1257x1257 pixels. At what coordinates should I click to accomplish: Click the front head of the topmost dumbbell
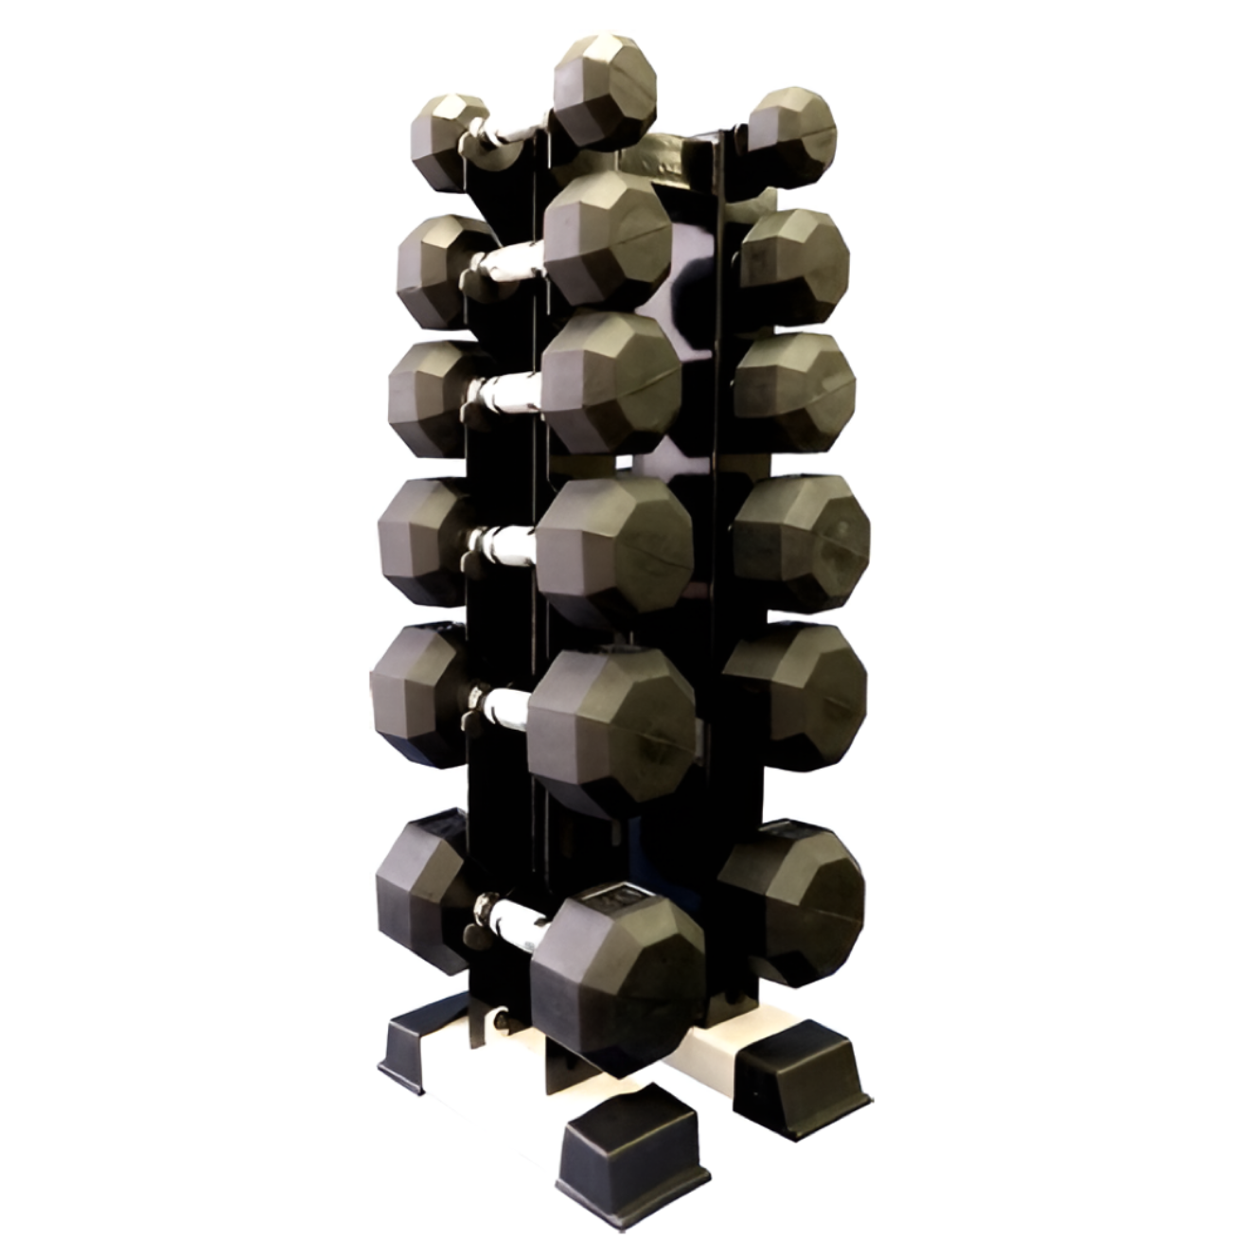coord(604,92)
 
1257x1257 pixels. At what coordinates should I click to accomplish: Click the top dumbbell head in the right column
coord(793,134)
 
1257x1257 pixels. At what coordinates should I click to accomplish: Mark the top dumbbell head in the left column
coord(445,141)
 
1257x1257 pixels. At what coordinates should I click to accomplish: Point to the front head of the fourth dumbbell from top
coord(613,552)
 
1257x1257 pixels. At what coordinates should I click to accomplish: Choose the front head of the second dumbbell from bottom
coord(611,729)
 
